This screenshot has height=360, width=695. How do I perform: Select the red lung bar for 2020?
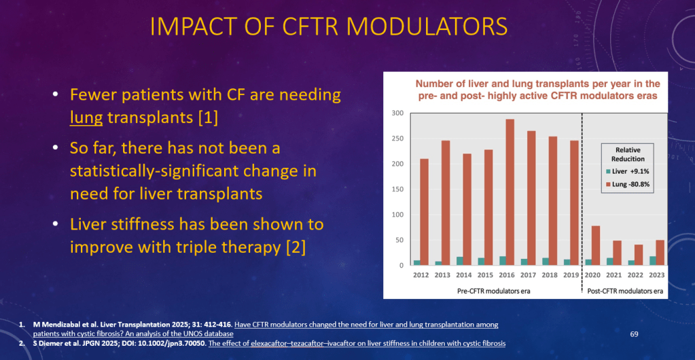[x=596, y=245]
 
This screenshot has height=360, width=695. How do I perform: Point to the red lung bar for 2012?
[x=425, y=212]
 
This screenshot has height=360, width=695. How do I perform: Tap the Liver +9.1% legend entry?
[x=624, y=171]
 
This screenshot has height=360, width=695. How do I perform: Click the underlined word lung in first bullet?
[x=86, y=117]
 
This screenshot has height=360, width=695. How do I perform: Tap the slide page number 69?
[x=635, y=334]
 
